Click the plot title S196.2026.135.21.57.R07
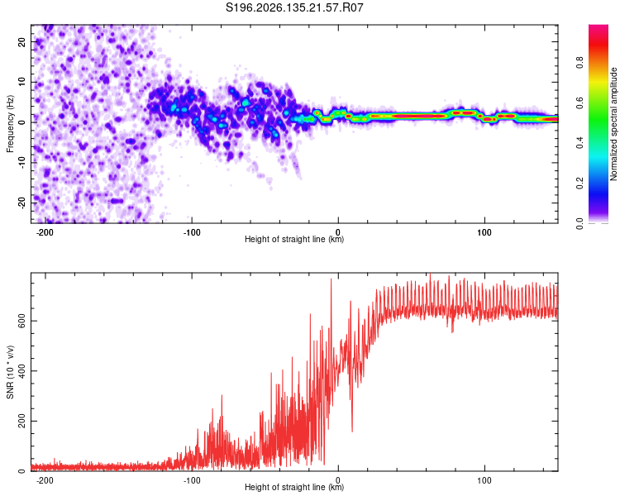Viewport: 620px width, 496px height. tap(294, 7)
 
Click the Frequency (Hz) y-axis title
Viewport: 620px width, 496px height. tap(10, 124)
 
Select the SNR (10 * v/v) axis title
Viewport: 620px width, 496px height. tap(10, 372)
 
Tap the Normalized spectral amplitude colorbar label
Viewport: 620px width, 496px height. tap(613, 124)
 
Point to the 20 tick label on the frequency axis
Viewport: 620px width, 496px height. tap(21, 41)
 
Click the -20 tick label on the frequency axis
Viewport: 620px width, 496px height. tap(21, 203)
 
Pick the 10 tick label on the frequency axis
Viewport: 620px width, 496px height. tap(21, 82)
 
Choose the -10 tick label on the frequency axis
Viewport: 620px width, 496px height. tap(21, 162)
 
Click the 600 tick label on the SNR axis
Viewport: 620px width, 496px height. tap(21, 321)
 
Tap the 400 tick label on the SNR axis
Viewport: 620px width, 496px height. tap(21, 371)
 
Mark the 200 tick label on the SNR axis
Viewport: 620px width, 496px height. tap(21, 422)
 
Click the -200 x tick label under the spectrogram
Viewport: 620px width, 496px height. tap(45, 232)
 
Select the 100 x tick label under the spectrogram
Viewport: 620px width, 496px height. tap(484, 232)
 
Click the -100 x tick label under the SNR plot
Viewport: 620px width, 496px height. tap(192, 480)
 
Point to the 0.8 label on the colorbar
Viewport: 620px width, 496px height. tap(579, 63)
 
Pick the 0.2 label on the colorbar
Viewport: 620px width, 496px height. tap(579, 183)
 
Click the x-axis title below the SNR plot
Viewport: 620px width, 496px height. tap(294, 487)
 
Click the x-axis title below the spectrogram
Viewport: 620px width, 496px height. tap(294, 239)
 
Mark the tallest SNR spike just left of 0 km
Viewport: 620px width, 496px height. tap(331, 279)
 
